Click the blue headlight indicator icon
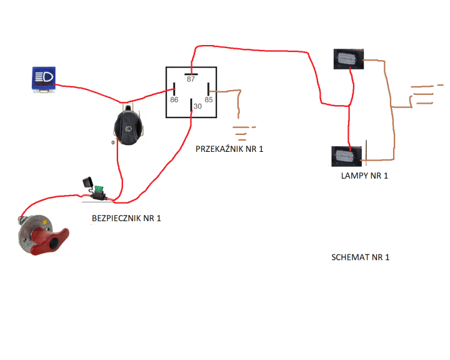click(x=44, y=79)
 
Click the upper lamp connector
click(x=347, y=59)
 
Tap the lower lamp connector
click(x=346, y=156)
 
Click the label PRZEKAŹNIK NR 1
click(x=229, y=149)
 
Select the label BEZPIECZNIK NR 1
click(x=126, y=218)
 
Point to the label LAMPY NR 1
click(x=364, y=176)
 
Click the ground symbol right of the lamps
click(x=421, y=94)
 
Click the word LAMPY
click(x=354, y=176)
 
